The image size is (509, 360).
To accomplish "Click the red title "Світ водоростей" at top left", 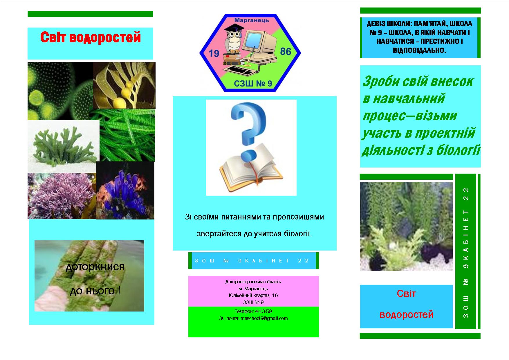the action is [90, 38].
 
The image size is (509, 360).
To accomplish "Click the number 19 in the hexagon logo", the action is [214, 53].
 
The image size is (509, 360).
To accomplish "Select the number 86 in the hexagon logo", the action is [286, 52].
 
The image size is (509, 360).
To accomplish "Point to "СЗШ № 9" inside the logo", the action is [253, 84].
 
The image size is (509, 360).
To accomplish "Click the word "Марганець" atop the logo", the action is [252, 20].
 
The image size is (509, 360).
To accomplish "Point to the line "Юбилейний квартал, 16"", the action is [253, 295].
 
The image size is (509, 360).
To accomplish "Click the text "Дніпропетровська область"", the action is [253, 282].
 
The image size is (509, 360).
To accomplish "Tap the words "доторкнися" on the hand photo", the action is [95, 267].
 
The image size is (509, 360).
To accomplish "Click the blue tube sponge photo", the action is [125, 190].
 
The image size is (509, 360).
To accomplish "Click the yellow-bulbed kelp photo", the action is [124, 85].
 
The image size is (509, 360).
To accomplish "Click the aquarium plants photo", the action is [406, 226].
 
